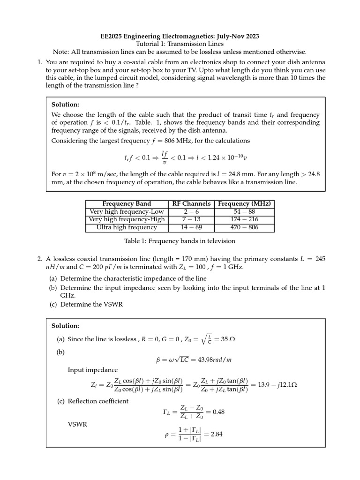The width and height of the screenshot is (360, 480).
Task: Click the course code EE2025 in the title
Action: click(113, 36)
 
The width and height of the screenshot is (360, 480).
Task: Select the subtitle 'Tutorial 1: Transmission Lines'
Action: click(180, 44)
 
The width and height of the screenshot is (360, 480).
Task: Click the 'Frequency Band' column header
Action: click(127, 204)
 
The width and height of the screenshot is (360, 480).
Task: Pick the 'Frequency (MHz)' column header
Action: click(244, 204)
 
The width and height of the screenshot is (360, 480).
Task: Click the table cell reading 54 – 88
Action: click(244, 212)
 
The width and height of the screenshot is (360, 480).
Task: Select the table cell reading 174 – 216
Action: click(244, 219)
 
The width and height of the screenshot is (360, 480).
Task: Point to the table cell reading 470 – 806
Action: click(244, 227)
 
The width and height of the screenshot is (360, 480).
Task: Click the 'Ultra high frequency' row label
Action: click(127, 227)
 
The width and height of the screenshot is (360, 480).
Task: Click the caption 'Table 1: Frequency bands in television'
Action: click(180, 241)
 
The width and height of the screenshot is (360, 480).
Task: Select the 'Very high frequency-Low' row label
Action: click(127, 212)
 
